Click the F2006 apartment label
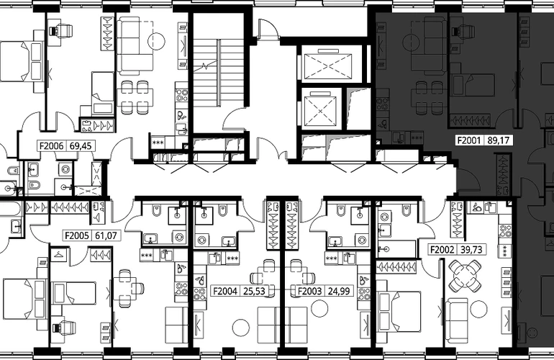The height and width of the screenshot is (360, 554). point(51,145)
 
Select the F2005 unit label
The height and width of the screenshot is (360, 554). point(76,235)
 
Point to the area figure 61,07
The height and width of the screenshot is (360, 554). point(106,235)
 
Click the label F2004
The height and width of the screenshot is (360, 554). point(224,291)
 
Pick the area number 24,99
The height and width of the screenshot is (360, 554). point(338,291)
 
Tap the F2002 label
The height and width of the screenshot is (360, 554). point(442,250)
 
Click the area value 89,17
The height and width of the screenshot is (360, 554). point(498,140)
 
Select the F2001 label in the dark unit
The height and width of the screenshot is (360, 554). point(469,140)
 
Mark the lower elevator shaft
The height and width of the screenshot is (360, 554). point(320,109)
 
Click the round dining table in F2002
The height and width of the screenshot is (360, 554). point(465,274)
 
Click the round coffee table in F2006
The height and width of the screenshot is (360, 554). point(156,41)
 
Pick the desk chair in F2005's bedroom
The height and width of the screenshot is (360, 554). point(64,328)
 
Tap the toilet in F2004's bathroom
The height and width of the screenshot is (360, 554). point(223,210)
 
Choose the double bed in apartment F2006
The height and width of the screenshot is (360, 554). point(22,61)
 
